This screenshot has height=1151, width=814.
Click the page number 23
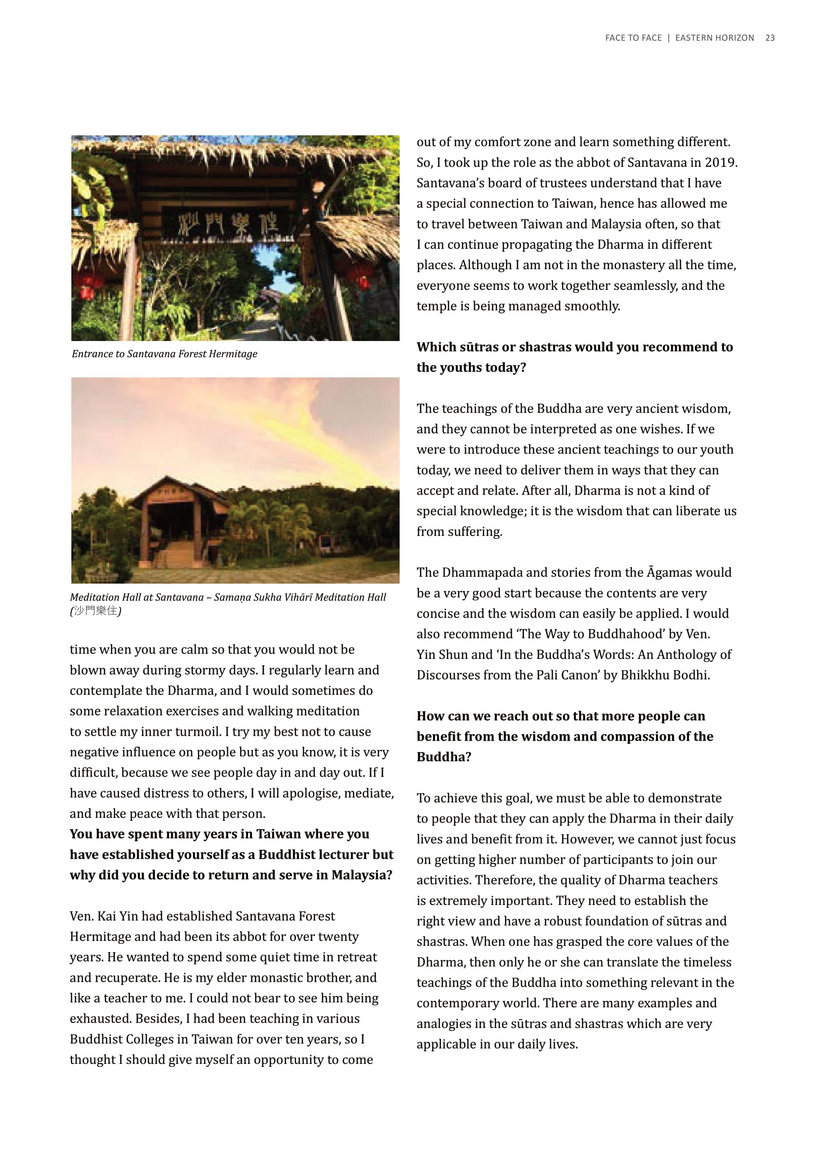(x=769, y=38)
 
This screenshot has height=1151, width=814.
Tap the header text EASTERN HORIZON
(x=714, y=38)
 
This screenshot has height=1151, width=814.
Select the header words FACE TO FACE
(x=633, y=38)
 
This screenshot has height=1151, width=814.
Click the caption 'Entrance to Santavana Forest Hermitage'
(x=164, y=354)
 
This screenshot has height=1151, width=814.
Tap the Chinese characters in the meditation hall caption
(x=95, y=611)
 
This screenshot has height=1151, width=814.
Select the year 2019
(x=720, y=162)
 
